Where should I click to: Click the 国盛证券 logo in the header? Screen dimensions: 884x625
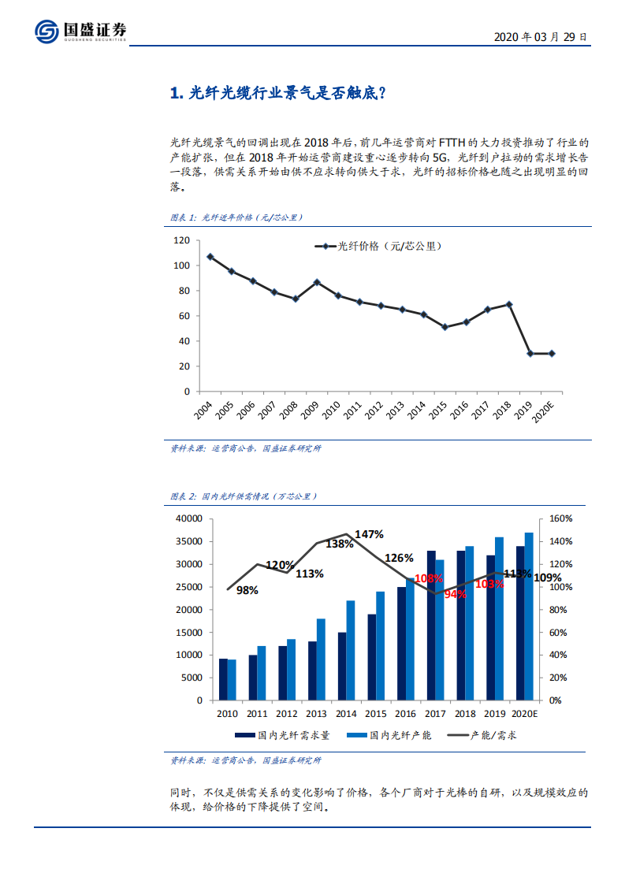80,31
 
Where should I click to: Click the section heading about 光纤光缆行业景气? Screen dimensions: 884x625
277,94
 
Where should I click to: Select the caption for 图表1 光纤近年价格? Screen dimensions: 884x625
237,217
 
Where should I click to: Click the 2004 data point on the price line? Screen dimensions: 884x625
210,256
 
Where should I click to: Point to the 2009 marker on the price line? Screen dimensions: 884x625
317,282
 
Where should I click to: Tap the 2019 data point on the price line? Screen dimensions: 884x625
530,354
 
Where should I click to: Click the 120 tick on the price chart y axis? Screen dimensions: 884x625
181,240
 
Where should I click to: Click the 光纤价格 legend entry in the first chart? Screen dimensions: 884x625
378,247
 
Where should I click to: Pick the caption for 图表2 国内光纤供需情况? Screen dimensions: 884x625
244,497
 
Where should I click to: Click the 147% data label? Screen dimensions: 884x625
369,534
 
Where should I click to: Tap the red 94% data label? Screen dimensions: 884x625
455,595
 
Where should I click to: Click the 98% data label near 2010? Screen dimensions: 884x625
247,590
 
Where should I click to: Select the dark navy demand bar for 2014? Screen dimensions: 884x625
342,666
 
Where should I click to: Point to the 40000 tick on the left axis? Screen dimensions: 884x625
188,519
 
